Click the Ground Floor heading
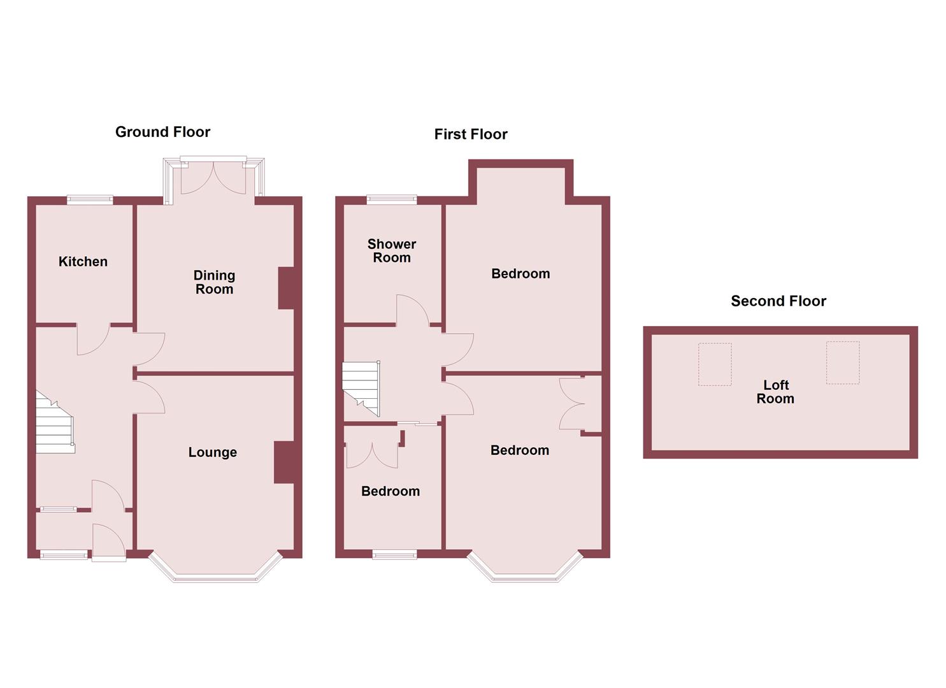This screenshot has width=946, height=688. (162, 132)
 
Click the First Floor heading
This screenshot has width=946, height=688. (471, 134)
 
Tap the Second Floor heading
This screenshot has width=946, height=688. (778, 301)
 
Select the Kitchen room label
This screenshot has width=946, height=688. (83, 262)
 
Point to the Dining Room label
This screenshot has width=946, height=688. (214, 282)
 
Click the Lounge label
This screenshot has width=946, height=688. (212, 452)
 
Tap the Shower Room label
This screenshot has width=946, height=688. (392, 251)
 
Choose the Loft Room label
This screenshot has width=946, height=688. (775, 392)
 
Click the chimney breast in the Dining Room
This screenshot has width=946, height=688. (286, 288)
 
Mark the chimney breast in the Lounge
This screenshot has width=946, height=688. (283, 462)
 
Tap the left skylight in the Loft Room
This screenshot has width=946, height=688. (715, 364)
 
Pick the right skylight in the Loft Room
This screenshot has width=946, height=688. (843, 362)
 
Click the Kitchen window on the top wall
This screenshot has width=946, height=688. (90, 199)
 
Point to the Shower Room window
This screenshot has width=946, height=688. (392, 199)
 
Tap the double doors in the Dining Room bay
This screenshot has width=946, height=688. (213, 178)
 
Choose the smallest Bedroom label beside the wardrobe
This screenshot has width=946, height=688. (391, 491)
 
